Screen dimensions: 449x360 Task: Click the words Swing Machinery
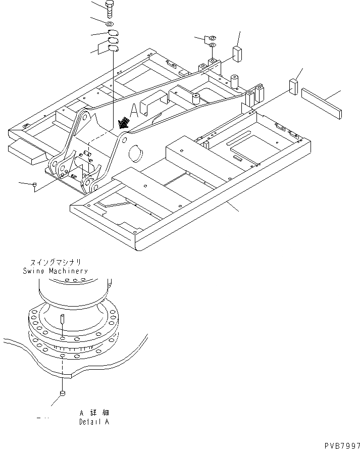tap(55, 271)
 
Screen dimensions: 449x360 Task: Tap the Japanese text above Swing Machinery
tap(55, 263)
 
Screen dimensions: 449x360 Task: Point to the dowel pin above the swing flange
tap(62, 320)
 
